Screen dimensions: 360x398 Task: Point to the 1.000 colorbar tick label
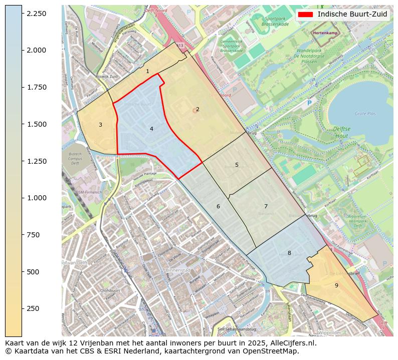(x=37, y=198)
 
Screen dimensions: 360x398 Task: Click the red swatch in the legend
(x=305, y=15)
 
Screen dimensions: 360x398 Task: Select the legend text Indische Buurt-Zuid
(x=352, y=15)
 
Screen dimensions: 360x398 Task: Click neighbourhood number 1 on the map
(x=147, y=72)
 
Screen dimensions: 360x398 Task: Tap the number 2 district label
(x=197, y=109)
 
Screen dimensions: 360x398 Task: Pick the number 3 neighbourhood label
(x=100, y=125)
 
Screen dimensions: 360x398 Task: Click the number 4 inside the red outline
(x=151, y=129)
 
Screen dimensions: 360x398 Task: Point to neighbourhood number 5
(x=237, y=165)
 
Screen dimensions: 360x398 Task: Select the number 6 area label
(x=218, y=206)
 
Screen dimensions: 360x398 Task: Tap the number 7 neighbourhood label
(x=266, y=206)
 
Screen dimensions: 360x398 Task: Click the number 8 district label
(x=289, y=253)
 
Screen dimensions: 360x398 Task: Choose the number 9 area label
(x=336, y=285)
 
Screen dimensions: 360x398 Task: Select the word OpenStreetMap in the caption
(x=274, y=351)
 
